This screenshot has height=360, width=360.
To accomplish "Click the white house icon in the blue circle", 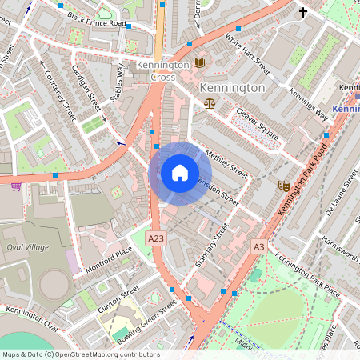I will click(180, 173).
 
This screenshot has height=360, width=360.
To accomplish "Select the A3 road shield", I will click(258, 246).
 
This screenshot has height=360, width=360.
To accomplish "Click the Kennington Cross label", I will click(163, 70).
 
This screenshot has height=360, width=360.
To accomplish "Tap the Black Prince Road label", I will click(98, 18).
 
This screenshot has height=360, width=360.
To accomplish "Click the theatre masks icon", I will click(282, 186).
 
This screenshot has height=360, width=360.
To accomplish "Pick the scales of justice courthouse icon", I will click(210, 102).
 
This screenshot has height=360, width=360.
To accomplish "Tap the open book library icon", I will click(199, 62).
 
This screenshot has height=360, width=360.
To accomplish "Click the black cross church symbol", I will click(303, 12).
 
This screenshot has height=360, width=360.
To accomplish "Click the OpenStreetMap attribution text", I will click(80, 354).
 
